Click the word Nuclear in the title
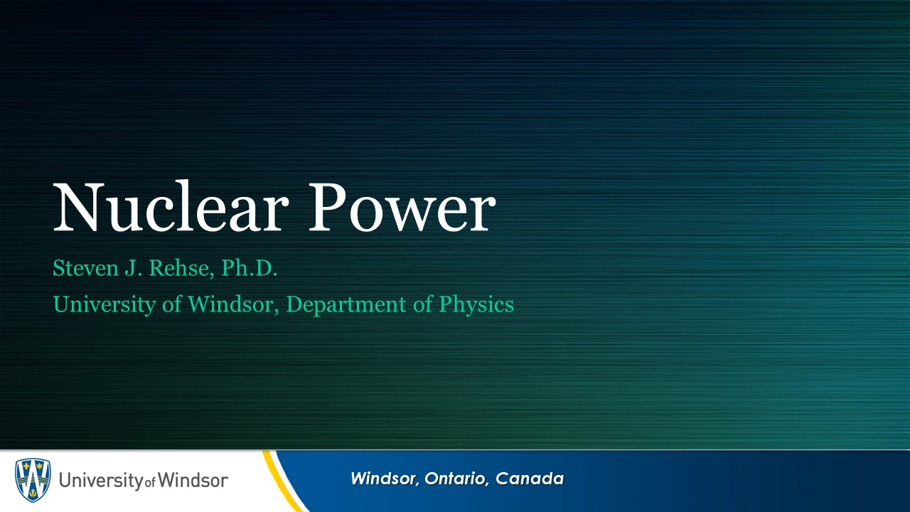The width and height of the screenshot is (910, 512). coord(171,207)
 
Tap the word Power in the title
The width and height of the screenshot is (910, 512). coord(402,207)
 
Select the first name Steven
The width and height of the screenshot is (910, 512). coord(86,268)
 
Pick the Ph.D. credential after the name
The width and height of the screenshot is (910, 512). coord(249,268)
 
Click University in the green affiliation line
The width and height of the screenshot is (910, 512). coord(104,305)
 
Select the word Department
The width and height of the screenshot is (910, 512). coord(346,305)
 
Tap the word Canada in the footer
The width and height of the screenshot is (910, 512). coord(530,479)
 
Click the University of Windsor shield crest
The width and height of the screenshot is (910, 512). coord(33,480)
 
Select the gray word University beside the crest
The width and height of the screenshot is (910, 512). coord(101,481)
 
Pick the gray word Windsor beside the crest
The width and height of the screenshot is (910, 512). coord(193,480)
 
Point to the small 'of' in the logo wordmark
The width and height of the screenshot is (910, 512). coord(150,483)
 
